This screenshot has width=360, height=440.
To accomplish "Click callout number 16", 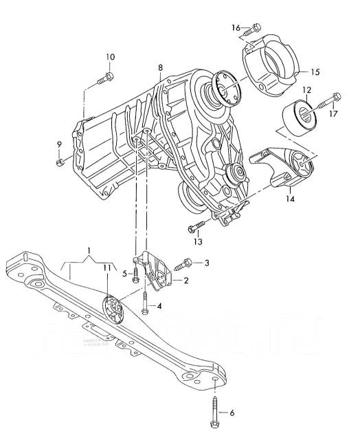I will pos(236,27).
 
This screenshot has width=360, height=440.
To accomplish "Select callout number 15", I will pos(315,71).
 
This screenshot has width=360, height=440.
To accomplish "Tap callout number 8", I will pos(160,68).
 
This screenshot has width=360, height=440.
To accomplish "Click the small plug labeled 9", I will pos(60,161).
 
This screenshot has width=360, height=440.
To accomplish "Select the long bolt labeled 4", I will pos(146,302).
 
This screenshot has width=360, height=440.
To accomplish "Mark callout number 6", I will pos(232,412).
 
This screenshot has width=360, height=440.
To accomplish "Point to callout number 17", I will pos(333,114).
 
